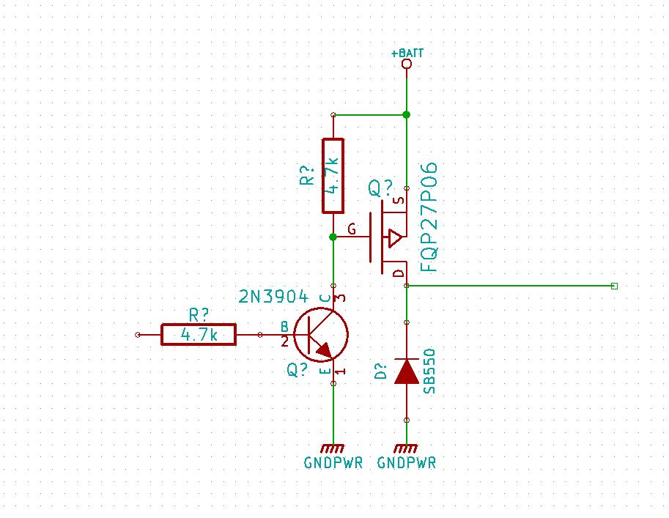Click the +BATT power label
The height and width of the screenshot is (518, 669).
pos(407,53)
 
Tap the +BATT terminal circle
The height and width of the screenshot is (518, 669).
pos(407,64)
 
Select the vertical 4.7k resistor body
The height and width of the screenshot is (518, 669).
pos(333,176)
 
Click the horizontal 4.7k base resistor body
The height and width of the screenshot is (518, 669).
pos(199,335)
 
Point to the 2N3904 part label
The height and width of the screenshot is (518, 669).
pos(273,297)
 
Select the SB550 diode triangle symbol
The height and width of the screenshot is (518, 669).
pos(407,371)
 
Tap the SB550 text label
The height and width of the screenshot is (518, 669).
pos(430,371)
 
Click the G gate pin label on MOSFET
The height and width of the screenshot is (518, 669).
pos(352,230)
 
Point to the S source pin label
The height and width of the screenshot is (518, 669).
pos(398,200)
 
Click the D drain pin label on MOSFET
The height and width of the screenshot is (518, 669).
pos(398,274)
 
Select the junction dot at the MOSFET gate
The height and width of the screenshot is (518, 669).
pos(333,237)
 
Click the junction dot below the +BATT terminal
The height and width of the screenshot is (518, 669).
pos(407,114)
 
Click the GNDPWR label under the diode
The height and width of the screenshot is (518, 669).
pos(407,463)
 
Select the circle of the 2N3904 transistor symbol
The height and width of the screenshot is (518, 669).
pos(321,335)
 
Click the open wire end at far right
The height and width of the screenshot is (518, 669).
pos(614,286)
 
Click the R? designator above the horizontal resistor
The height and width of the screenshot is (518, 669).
pos(199,315)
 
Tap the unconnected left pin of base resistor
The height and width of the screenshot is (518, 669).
pos(138,335)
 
